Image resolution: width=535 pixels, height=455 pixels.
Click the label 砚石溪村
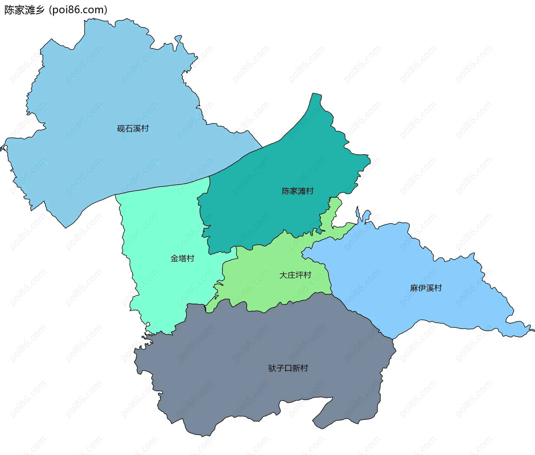(133, 129)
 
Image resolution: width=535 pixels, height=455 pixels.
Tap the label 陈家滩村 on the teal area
(298, 191)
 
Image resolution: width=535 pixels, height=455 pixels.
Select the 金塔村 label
(182, 259)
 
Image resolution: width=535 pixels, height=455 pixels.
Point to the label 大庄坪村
(295, 275)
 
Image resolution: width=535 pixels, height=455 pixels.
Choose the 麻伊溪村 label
(426, 288)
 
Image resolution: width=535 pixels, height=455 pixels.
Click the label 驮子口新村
(288, 368)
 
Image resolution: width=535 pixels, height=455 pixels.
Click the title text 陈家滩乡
(25, 10)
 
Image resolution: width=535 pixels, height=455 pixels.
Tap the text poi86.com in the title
(78, 10)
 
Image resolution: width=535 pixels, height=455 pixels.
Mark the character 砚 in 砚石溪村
(121, 129)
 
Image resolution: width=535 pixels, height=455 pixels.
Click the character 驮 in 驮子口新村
(272, 368)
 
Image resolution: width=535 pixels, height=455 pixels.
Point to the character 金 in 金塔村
(174, 259)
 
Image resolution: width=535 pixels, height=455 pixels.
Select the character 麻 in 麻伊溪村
(414, 288)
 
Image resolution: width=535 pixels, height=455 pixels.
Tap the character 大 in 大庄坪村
(283, 275)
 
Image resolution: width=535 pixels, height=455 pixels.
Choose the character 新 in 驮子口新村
(296, 368)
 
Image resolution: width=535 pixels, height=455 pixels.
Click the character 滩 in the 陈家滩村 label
(301, 191)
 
